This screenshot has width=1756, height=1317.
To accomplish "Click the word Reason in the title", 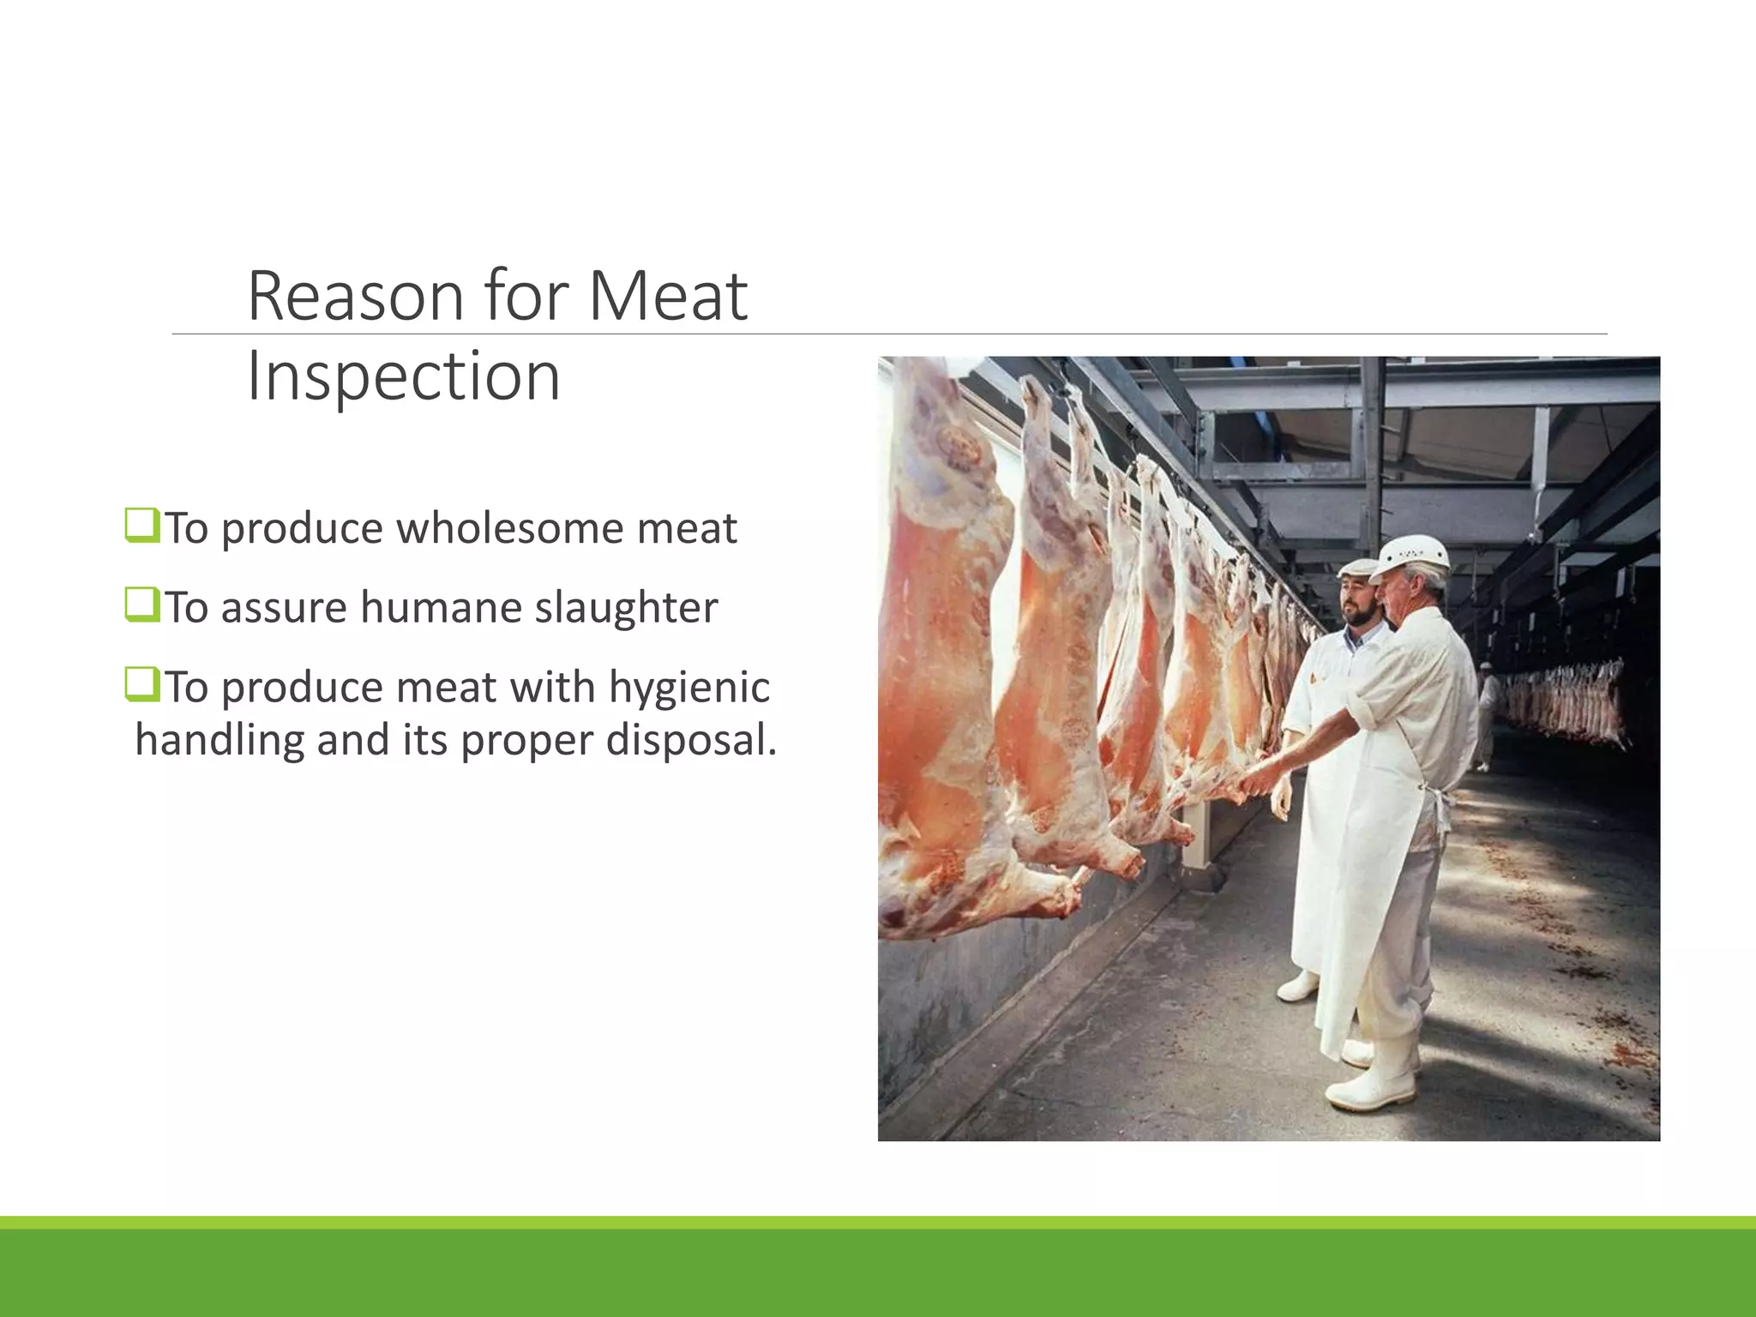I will click(355, 296).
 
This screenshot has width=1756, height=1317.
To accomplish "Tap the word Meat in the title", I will click(668, 296).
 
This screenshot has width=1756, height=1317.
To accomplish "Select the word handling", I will click(219, 739).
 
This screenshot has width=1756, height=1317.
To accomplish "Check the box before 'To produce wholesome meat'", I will click(141, 526).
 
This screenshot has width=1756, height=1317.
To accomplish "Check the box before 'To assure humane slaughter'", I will click(141, 605).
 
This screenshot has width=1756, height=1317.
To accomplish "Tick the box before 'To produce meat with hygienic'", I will click(141, 685).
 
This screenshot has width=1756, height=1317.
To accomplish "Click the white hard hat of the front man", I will click(1411, 556).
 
